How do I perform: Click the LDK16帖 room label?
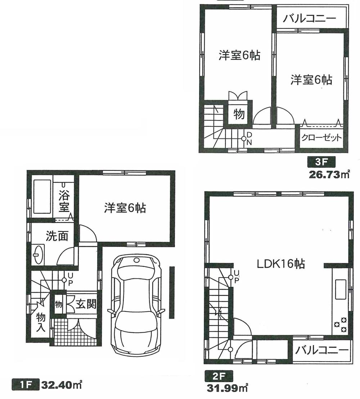tap(281, 264)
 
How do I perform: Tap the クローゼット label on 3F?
tap(321, 138)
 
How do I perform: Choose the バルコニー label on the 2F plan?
tap(320, 350)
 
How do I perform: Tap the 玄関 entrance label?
tap(86, 305)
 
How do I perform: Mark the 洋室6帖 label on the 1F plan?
tap(125, 208)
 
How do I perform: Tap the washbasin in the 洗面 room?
tap(39, 254)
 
